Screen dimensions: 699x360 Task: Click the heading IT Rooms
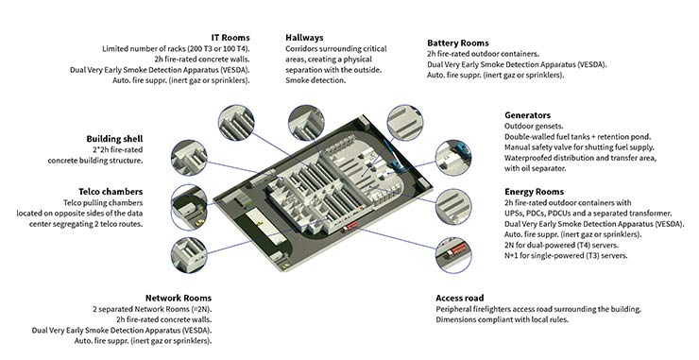click(x=230, y=38)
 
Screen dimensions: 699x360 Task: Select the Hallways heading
click(x=304, y=38)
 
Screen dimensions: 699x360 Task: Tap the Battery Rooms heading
click(x=458, y=43)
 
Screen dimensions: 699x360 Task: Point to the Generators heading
click(x=527, y=115)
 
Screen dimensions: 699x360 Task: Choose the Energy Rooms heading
click(x=534, y=192)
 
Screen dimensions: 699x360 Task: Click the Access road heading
click(x=460, y=298)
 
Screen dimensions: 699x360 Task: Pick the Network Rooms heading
click(x=179, y=298)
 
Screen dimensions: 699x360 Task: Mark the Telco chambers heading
click(x=111, y=192)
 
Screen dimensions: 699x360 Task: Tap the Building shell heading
click(x=114, y=139)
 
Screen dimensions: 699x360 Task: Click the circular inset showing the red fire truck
click(x=453, y=255)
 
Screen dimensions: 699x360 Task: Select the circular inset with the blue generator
click(x=453, y=158)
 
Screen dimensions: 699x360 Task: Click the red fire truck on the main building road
click(x=349, y=226)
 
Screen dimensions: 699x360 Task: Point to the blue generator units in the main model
click(x=395, y=156)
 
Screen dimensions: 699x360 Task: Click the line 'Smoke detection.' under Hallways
click(x=315, y=80)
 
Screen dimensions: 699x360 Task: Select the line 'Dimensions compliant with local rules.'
click(x=503, y=320)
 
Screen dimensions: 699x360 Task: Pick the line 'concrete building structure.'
click(x=95, y=161)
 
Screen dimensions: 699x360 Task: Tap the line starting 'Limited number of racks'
click(x=176, y=48)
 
